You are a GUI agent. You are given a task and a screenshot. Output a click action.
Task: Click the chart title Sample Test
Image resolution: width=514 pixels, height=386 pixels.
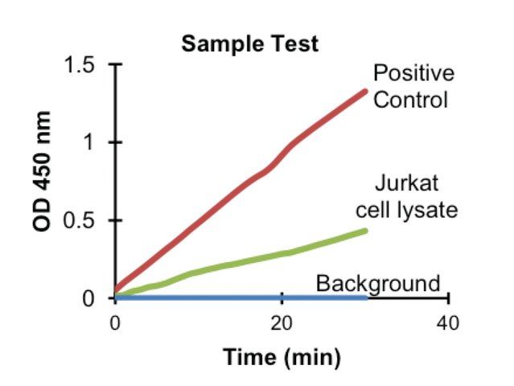(249, 43)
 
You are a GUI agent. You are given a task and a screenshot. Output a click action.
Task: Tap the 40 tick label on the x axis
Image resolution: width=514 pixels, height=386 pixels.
(447, 323)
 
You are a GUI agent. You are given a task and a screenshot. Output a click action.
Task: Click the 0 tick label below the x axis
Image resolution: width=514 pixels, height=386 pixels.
(115, 323)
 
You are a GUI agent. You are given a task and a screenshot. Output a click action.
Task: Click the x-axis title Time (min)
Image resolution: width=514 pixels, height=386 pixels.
(282, 356)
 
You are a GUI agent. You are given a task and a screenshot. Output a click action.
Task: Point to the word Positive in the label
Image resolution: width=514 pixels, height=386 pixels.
(413, 74)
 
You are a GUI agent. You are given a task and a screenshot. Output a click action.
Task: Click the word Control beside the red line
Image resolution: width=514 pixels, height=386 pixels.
(410, 101)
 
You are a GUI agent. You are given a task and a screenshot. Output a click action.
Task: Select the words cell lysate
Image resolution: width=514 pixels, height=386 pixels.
(407, 210)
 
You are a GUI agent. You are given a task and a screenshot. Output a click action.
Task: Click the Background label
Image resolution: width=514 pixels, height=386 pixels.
(378, 283)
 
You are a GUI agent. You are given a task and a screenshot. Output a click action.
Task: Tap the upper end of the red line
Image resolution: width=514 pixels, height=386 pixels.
(366, 91)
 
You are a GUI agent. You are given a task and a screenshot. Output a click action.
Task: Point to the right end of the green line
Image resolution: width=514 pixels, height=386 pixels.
(365, 231)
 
